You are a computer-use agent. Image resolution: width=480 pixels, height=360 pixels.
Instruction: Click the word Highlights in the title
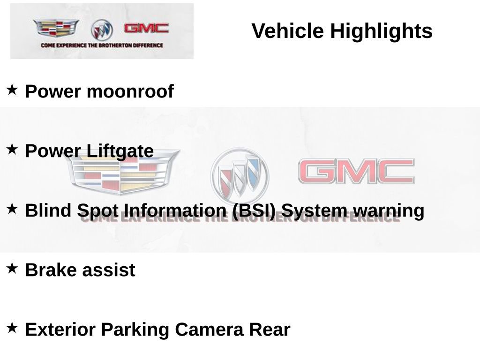pyautogui.click(x=381, y=31)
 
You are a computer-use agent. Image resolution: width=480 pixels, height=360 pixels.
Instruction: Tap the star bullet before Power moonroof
pyautogui.click(x=12, y=90)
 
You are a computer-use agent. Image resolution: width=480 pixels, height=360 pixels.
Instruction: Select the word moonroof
pyautogui.click(x=130, y=91)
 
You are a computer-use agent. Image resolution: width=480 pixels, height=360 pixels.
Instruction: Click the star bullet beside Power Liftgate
pyautogui.click(x=12, y=150)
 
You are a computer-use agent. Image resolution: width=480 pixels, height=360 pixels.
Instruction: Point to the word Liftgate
pyautogui.click(x=120, y=151)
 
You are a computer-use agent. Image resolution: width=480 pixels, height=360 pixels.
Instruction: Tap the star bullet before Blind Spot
pyautogui.click(x=12, y=209)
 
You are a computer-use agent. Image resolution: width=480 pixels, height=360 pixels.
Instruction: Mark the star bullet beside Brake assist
pyautogui.click(x=12, y=269)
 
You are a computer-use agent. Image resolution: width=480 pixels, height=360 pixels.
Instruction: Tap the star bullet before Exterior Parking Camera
pyautogui.click(x=12, y=328)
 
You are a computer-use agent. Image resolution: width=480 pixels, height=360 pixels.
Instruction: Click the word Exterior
pyautogui.click(x=60, y=330)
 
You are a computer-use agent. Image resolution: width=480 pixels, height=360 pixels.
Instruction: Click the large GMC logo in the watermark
pyautogui.click(x=356, y=172)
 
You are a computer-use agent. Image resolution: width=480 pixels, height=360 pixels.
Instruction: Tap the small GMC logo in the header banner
pyautogui.click(x=146, y=28)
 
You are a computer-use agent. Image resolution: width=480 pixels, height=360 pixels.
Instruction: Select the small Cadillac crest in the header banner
pyautogui.click(x=56, y=28)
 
